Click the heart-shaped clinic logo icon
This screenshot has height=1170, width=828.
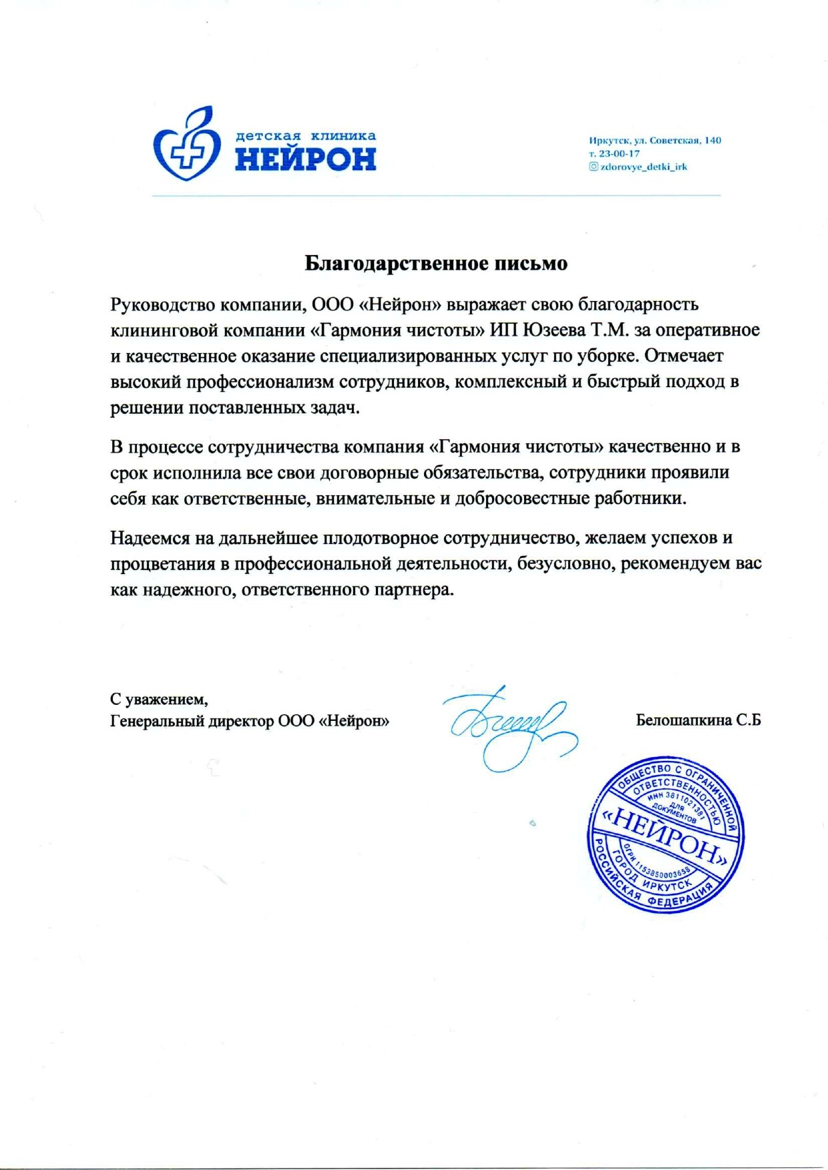[186, 143]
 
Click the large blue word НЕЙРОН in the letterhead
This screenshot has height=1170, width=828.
[305, 160]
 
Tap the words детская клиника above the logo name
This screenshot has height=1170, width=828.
[305, 136]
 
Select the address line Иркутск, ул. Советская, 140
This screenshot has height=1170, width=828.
[654, 140]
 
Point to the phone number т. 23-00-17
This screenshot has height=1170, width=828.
[614, 154]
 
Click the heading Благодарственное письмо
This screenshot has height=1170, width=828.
[436, 264]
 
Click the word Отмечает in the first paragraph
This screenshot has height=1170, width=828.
[684, 356]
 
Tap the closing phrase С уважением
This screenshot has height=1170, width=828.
[159, 699]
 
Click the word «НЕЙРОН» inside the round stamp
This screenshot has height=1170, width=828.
[665, 835]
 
